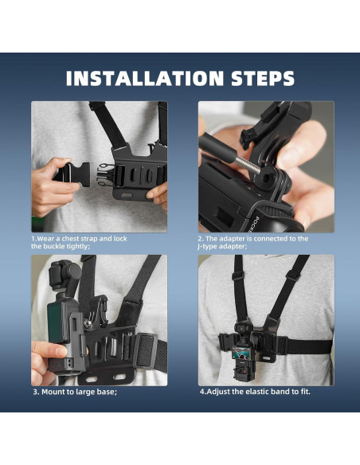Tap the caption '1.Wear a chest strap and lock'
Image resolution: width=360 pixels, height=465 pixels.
pos(79,239)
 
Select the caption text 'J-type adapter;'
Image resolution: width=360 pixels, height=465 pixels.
pos(222,247)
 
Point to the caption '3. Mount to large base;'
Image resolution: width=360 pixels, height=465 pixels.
pos(75,392)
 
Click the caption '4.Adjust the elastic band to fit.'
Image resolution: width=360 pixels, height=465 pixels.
pos(254,392)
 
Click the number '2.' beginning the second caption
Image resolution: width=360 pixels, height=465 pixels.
pos(202,239)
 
